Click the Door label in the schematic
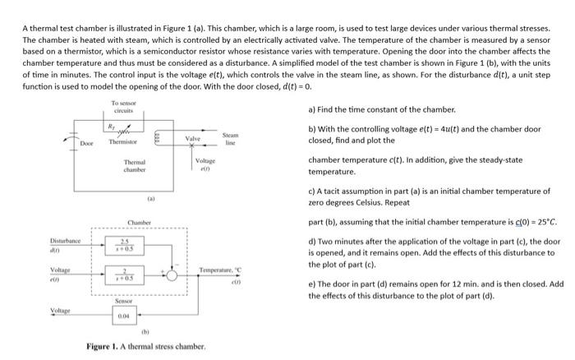(x=86, y=142)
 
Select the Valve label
(x=193, y=139)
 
